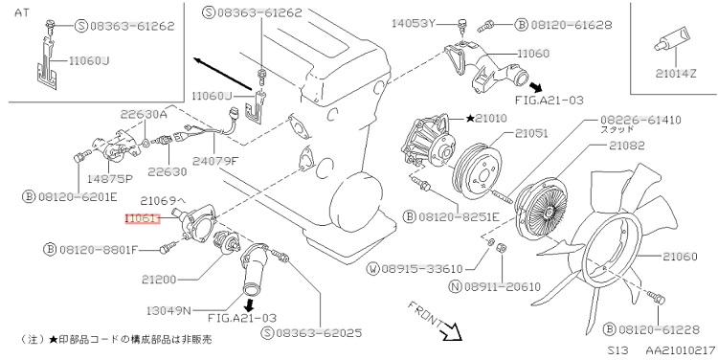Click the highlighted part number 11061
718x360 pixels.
143,219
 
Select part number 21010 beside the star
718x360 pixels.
491,118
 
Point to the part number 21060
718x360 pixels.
680,256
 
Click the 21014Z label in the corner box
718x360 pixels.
676,73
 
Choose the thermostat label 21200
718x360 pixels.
159,279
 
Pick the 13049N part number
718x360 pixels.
168,310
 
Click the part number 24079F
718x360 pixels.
215,161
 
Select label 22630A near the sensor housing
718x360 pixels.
144,114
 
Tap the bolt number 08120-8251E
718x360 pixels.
459,216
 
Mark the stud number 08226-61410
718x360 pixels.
640,120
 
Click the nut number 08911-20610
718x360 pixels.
503,286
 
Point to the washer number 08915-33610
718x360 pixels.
422,269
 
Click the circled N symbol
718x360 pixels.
455,286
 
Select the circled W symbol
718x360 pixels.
373,269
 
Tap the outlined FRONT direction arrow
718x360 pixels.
453,331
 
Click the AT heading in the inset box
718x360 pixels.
22,12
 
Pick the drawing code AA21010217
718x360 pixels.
681,350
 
